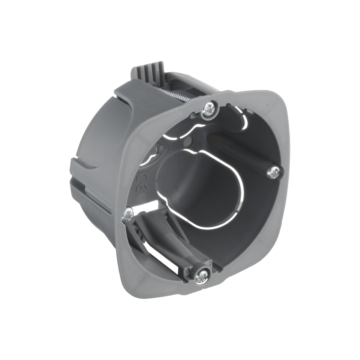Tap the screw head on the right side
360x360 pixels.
click(x=274, y=173)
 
